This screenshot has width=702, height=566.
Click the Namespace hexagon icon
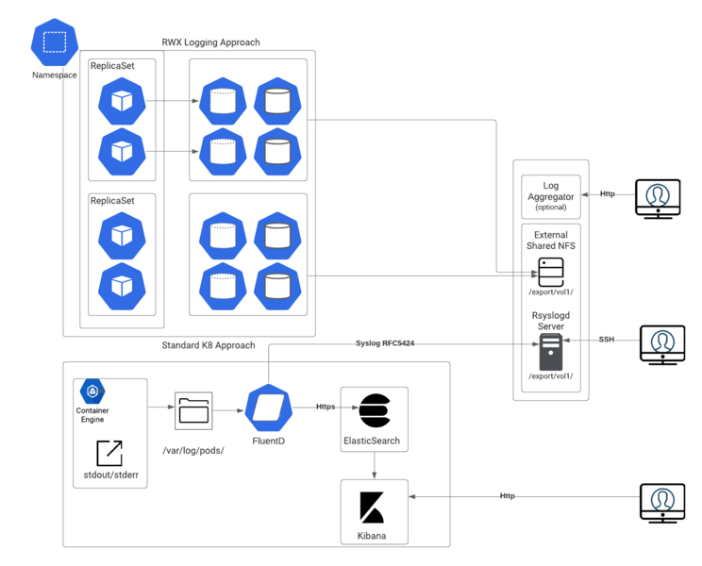click(55, 42)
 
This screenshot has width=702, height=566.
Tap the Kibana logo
click(372, 508)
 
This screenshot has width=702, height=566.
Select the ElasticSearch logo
click(376, 410)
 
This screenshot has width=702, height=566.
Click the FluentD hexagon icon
click(269, 408)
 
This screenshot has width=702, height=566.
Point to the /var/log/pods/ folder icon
click(193, 410)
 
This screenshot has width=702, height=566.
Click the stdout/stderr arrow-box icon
click(109, 453)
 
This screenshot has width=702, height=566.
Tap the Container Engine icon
click(92, 391)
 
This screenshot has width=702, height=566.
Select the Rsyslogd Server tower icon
click(551, 352)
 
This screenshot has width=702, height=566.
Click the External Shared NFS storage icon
click(551, 272)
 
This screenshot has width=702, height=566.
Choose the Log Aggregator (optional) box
click(551, 196)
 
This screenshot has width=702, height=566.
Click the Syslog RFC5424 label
click(385, 343)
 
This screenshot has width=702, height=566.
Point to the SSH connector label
click(607, 340)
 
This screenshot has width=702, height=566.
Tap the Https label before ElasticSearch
click(326, 407)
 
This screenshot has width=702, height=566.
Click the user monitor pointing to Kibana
click(662, 503)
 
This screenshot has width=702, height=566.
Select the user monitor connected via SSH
click(662, 345)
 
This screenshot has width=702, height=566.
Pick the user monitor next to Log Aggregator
click(659, 199)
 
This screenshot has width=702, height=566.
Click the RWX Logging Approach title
click(210, 42)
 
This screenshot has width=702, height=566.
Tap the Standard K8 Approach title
click(209, 345)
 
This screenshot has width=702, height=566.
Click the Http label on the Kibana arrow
click(508, 496)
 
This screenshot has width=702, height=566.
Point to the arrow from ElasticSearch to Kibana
click(375, 465)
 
